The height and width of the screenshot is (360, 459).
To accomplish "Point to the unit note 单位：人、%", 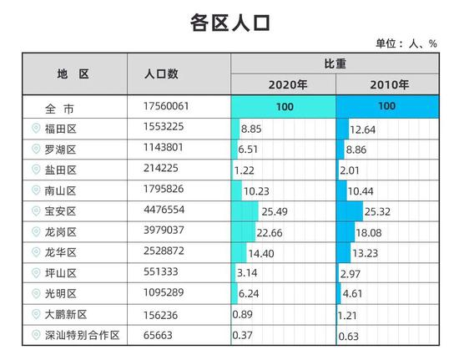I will click(408, 43).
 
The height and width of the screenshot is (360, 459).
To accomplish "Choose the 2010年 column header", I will click(388, 84).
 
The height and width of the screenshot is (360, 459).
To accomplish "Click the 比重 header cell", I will click(335, 63).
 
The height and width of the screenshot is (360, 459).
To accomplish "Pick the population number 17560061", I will click(173, 107).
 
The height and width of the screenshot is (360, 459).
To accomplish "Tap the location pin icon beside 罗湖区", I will click(35, 149).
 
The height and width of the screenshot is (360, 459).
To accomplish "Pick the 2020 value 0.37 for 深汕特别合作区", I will click(243, 334).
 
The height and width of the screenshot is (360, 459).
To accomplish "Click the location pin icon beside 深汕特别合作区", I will click(35, 334).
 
